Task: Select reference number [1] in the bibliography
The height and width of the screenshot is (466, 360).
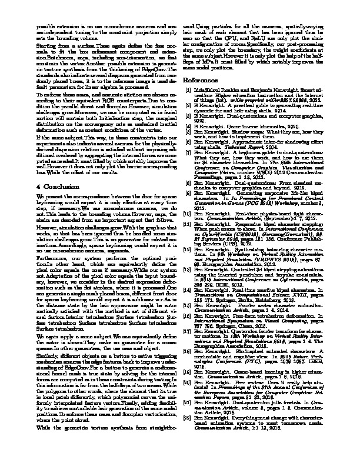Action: click(x=190, y=89)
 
